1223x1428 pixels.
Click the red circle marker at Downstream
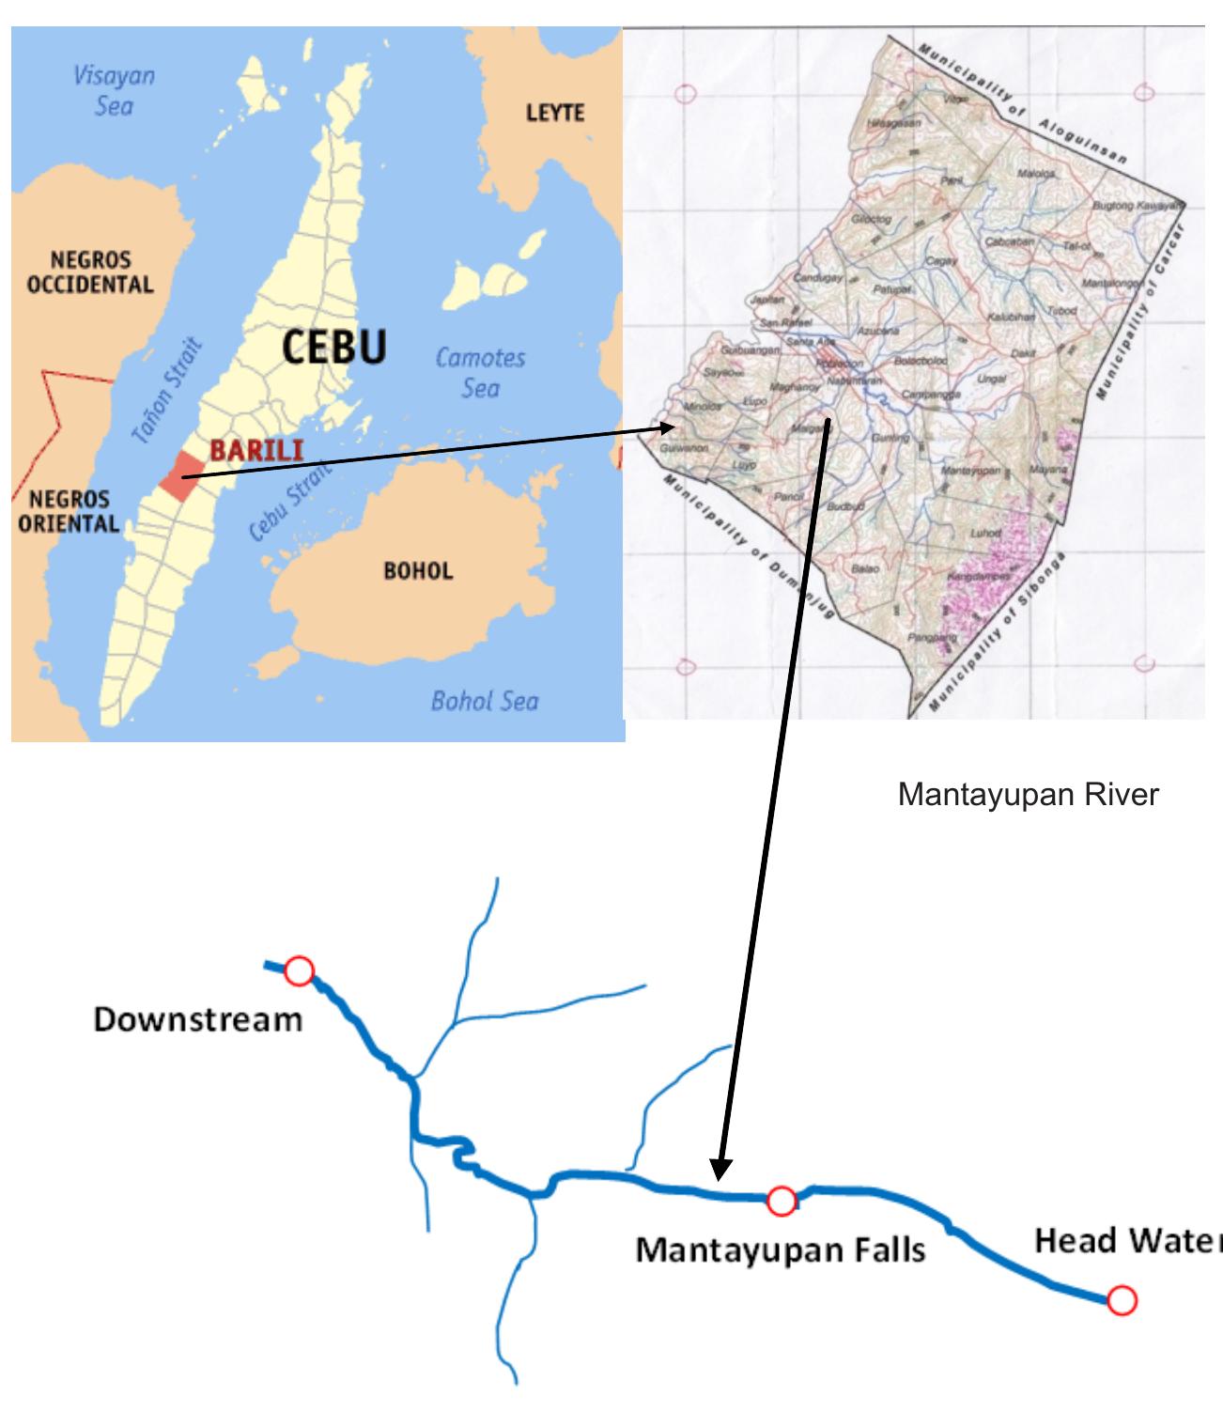(x=299, y=970)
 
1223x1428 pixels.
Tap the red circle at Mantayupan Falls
(x=782, y=1200)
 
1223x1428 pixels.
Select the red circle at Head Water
(x=1122, y=1300)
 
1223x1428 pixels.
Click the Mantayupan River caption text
(x=1028, y=795)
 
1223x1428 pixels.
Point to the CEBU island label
(x=334, y=348)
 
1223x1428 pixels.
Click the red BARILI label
(x=256, y=451)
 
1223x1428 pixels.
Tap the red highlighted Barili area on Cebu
(x=180, y=476)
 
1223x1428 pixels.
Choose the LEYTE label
(x=554, y=113)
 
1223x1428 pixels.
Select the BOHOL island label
(x=418, y=571)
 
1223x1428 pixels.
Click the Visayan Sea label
(x=114, y=90)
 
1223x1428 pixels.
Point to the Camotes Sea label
(x=480, y=372)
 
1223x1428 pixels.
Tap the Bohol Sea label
(x=485, y=700)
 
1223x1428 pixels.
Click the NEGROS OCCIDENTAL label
(x=90, y=272)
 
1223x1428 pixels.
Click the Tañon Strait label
(x=167, y=391)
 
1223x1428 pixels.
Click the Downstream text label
(x=198, y=1019)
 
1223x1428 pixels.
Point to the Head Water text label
(x=1127, y=1241)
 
